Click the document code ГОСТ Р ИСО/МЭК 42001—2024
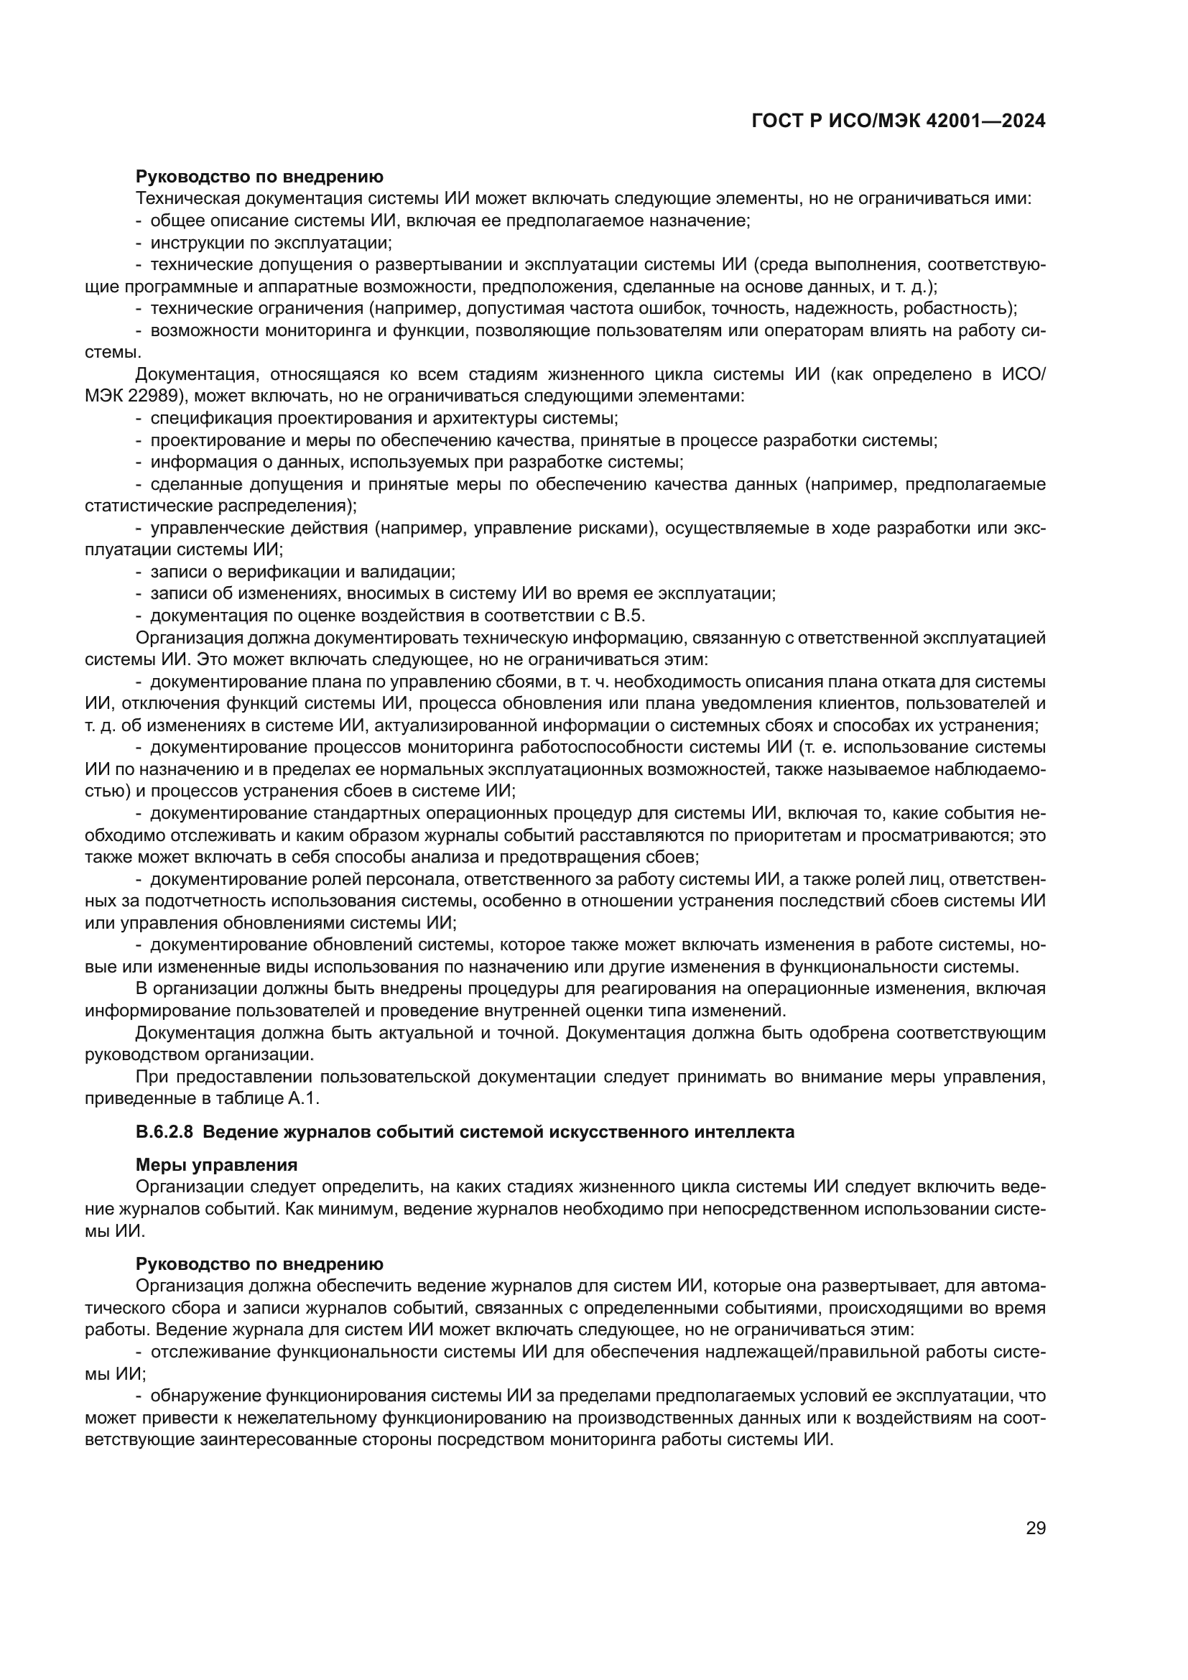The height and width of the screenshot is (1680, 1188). click(899, 121)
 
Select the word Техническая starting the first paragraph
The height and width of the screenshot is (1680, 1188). click(188, 198)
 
